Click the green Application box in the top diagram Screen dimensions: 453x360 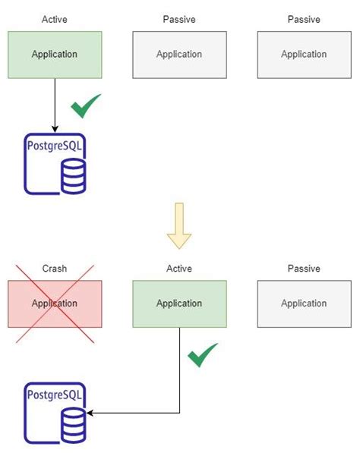point(55,55)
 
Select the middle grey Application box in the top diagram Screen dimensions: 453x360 point(179,55)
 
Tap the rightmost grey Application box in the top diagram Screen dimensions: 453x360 point(304,55)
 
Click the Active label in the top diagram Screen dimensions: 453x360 point(55,19)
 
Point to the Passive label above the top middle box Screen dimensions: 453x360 point(179,19)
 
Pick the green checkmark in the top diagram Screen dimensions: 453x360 point(86,108)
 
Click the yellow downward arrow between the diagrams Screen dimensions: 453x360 point(179,225)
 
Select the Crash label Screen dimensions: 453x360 point(55,269)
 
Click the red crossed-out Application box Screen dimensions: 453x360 point(55,304)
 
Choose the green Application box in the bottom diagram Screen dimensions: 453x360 point(179,304)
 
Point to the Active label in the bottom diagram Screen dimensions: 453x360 point(179,269)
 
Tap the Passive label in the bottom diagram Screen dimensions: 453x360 point(304,269)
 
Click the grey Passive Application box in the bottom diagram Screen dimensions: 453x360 point(304,304)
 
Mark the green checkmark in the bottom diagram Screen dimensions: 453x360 point(202,354)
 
